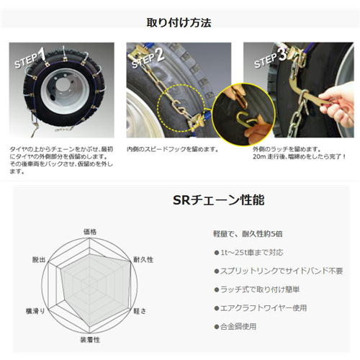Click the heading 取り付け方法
(180, 22)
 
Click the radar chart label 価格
(89, 231)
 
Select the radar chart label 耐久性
(142, 258)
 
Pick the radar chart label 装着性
(89, 338)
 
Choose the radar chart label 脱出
(40, 258)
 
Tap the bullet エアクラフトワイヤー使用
(262, 307)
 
